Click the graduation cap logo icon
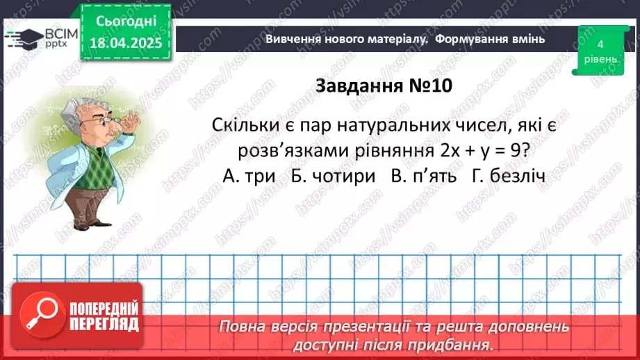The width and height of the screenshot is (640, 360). tap(22, 38)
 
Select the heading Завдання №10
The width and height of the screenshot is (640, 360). tap(384, 85)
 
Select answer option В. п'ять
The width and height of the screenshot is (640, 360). tap(422, 177)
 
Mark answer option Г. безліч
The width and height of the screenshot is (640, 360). tap(507, 177)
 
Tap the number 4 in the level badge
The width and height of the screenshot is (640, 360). tap(600, 44)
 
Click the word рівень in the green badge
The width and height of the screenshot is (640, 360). tap(600, 59)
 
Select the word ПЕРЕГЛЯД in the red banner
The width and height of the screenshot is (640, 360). tap(104, 325)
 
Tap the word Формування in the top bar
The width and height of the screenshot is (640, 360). tap(474, 39)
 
